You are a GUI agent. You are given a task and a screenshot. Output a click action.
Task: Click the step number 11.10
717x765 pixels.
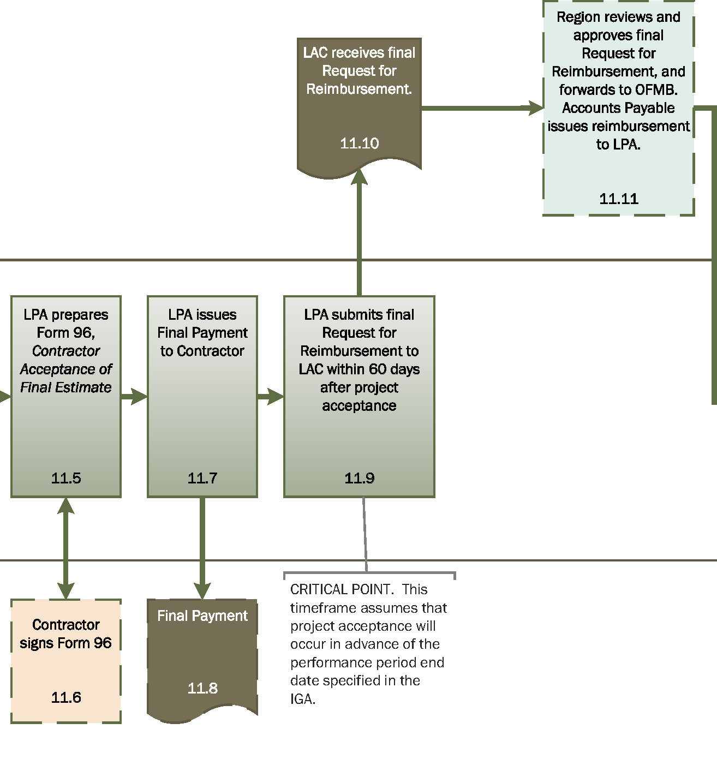tap(359, 144)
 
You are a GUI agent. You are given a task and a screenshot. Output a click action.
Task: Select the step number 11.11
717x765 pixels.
tap(618, 199)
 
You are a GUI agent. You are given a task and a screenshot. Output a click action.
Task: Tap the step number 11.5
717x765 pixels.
tap(66, 478)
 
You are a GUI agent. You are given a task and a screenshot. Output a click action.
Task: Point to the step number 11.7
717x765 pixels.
tap(202, 478)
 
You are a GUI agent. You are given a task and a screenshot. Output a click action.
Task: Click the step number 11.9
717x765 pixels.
tap(359, 478)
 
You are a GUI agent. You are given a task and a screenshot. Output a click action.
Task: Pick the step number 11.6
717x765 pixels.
tap(66, 697)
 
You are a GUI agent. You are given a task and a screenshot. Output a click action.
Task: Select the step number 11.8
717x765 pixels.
tap(202, 688)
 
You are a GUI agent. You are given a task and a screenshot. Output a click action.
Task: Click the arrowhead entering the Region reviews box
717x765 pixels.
tap(536, 108)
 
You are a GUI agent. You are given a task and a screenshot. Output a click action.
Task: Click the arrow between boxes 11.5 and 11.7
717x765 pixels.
tap(134, 396)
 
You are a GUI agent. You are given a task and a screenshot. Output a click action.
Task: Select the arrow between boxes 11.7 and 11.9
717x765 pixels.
tap(271, 396)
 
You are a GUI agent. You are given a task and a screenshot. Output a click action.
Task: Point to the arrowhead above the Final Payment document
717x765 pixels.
tap(202, 590)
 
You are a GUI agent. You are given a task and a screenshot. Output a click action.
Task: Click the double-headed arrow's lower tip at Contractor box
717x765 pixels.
tap(66, 591)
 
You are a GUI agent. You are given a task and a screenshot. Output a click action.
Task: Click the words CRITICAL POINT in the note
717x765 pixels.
tap(341, 589)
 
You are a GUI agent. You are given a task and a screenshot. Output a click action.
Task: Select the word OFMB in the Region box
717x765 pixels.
tap(656, 89)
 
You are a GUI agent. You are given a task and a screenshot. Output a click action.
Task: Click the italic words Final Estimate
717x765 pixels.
tap(66, 387)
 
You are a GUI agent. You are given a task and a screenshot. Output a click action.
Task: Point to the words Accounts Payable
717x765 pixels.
tap(618, 108)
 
